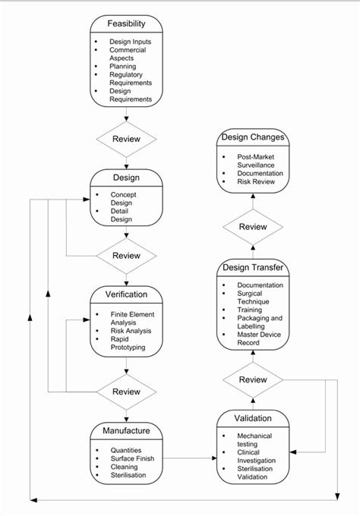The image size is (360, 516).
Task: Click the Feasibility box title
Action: point(126,24)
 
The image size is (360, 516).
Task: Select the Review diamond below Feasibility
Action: point(126,140)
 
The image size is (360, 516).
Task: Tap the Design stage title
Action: point(126,177)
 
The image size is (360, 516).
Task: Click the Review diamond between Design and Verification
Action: point(126,255)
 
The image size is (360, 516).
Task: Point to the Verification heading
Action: point(126,294)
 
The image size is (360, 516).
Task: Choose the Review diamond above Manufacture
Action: point(126,392)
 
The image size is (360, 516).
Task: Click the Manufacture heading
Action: point(126,431)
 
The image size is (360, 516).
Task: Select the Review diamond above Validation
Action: point(252,379)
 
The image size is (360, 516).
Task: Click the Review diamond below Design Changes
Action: point(252,227)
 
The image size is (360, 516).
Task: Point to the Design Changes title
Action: point(252,137)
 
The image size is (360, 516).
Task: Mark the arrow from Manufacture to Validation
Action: point(190,458)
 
